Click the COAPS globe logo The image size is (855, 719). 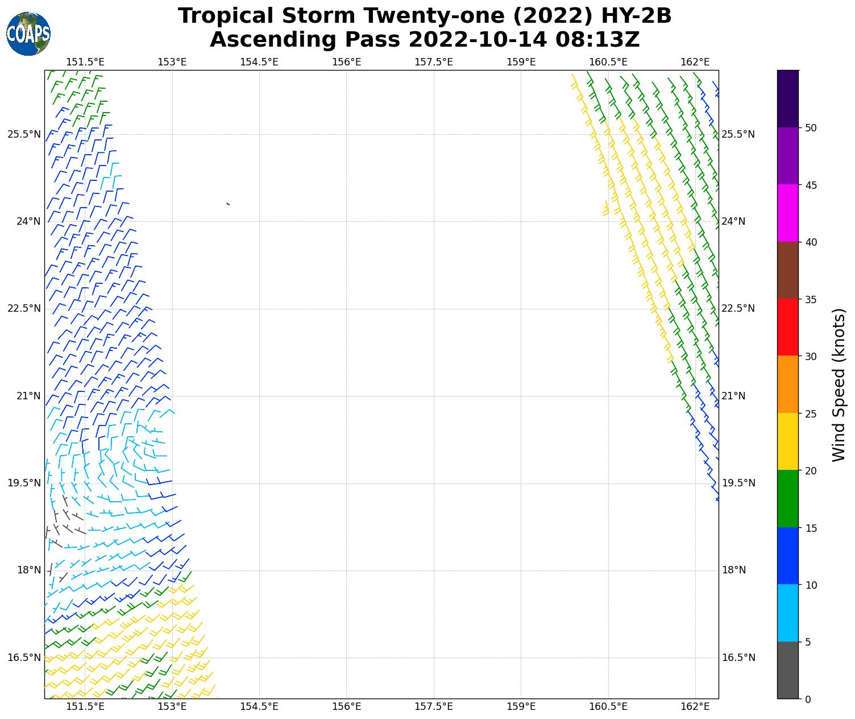[28, 34]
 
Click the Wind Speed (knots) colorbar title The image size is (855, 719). [839, 385]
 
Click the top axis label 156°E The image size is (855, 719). [347, 61]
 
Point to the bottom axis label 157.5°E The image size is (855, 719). [434, 706]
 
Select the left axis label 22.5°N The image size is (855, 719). [24, 308]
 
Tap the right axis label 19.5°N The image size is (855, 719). [738, 483]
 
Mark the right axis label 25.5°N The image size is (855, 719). [738, 134]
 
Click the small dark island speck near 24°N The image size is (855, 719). [228, 204]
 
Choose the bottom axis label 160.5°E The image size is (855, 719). [608, 706]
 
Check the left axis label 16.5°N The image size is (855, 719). [24, 658]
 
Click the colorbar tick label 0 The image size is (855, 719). [808, 699]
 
